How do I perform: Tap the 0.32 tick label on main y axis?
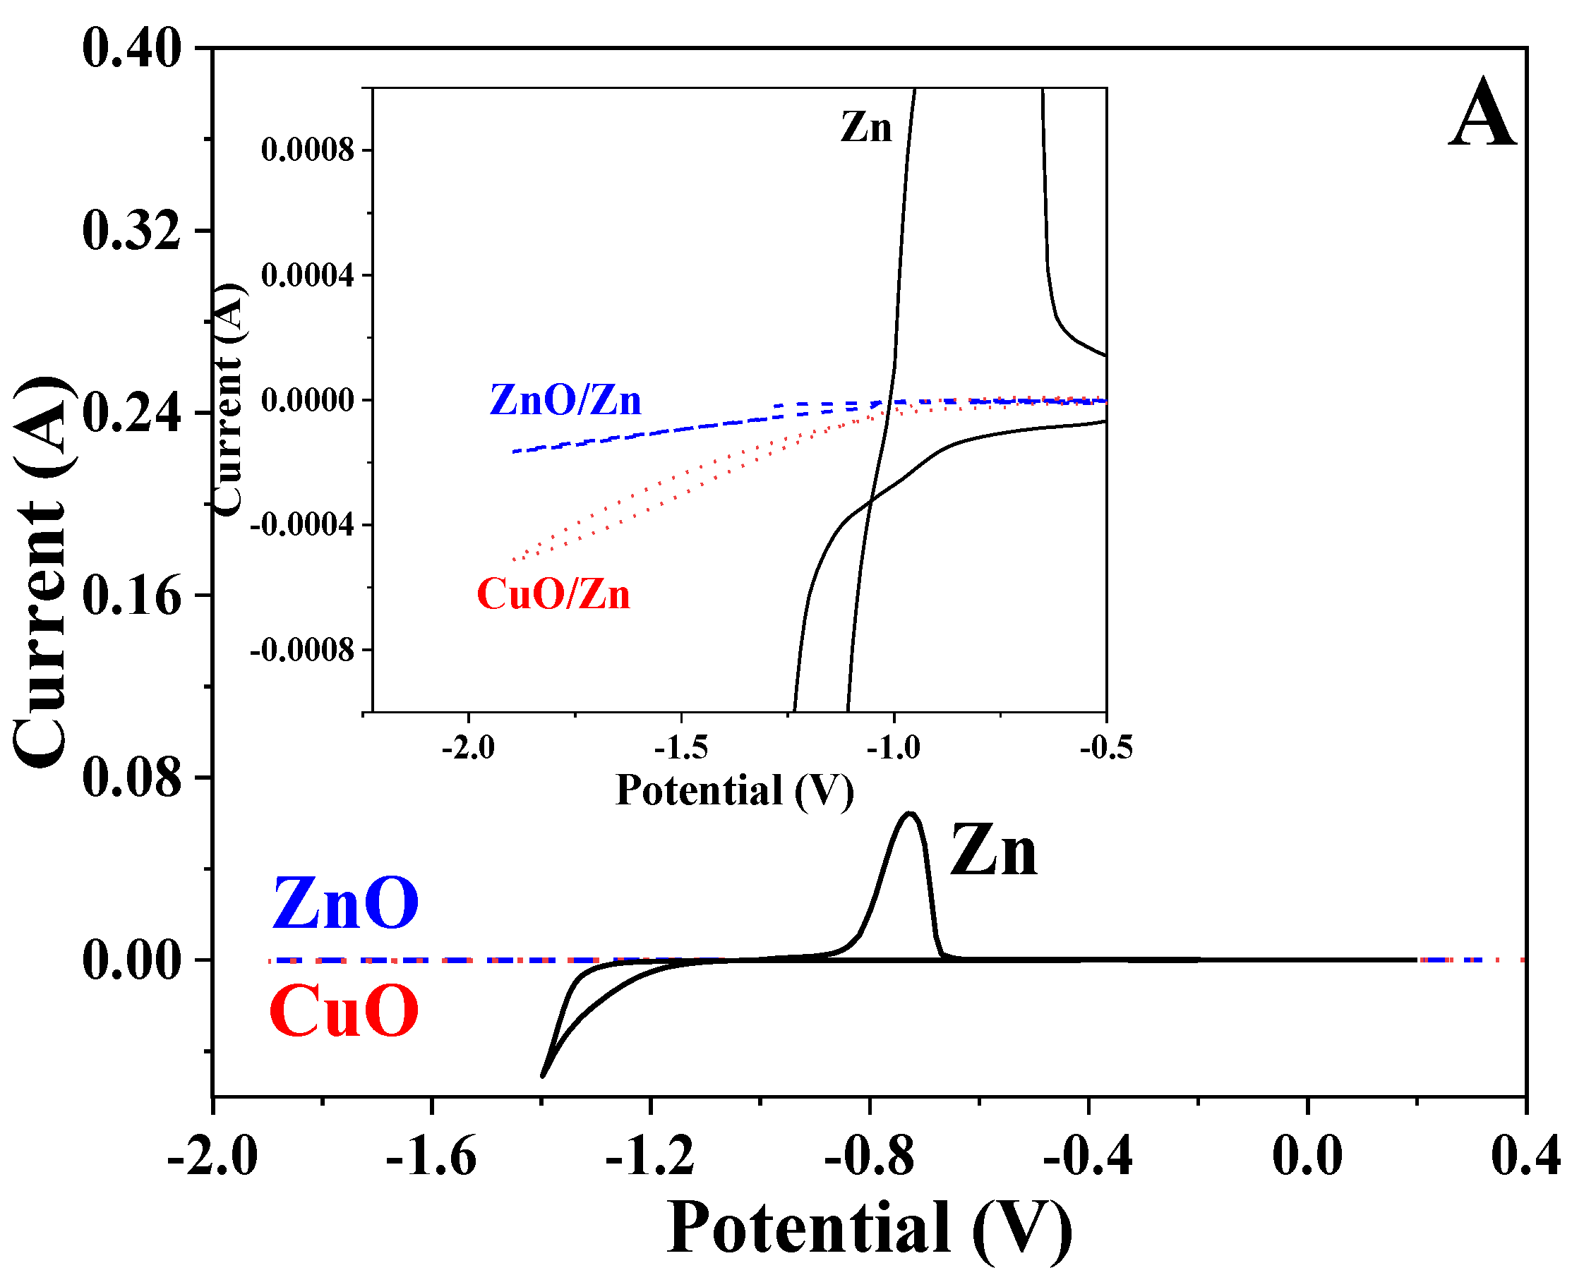pos(131,230)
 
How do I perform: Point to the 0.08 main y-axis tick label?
pos(131,778)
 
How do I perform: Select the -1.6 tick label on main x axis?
pos(431,1155)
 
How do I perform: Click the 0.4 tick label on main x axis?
pos(1525,1155)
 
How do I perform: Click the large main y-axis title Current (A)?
pos(43,572)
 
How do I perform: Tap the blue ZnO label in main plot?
pos(345,903)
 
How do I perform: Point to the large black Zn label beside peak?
pos(993,852)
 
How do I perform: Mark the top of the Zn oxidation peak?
pos(910,814)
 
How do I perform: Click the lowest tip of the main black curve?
pos(543,1076)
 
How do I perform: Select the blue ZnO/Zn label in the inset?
pos(565,400)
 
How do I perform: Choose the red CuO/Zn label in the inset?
pos(553,595)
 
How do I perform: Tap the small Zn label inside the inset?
pos(865,128)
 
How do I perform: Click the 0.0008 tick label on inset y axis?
pos(308,150)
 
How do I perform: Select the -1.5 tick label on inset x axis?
pos(680,748)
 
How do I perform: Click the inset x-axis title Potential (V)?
pos(734,790)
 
